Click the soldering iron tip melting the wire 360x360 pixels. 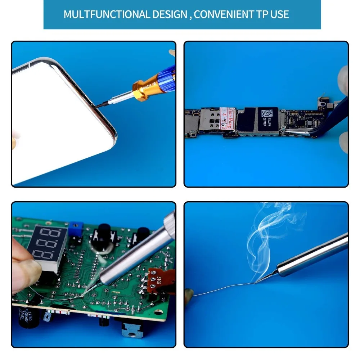[256, 282]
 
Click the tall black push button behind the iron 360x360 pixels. [103, 234]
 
